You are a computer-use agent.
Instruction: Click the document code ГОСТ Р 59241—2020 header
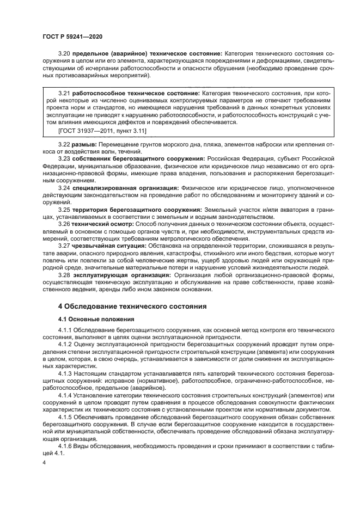coord(72,36)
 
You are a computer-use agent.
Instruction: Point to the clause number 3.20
coord(64,54)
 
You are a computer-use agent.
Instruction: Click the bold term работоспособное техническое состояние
coord(136,94)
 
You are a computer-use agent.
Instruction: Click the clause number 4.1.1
coord(66,331)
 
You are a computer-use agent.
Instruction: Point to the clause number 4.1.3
coord(66,375)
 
